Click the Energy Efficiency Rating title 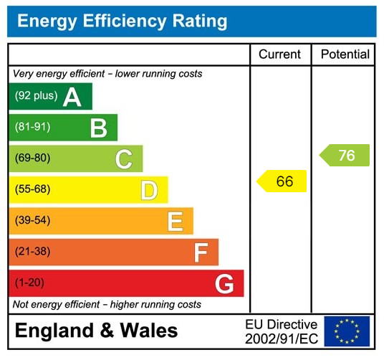coord(122,22)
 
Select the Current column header coord(279,55)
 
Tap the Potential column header coord(345,55)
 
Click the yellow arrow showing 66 coord(282,181)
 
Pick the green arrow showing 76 coord(345,156)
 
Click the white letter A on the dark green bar coord(72,97)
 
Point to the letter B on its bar coord(98,128)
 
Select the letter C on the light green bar coord(124,159)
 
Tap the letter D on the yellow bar coord(149,191)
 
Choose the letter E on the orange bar coord(175,222)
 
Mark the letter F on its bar coord(201,252)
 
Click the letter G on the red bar coord(224,284)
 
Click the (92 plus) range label coord(36,96)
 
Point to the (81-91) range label coord(32,128)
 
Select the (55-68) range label coord(32,190)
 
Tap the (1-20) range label coord(29,283)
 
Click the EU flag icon coord(347,331)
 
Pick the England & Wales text coord(97,331)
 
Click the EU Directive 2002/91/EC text coord(281,331)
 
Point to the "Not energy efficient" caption coord(107,305)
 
